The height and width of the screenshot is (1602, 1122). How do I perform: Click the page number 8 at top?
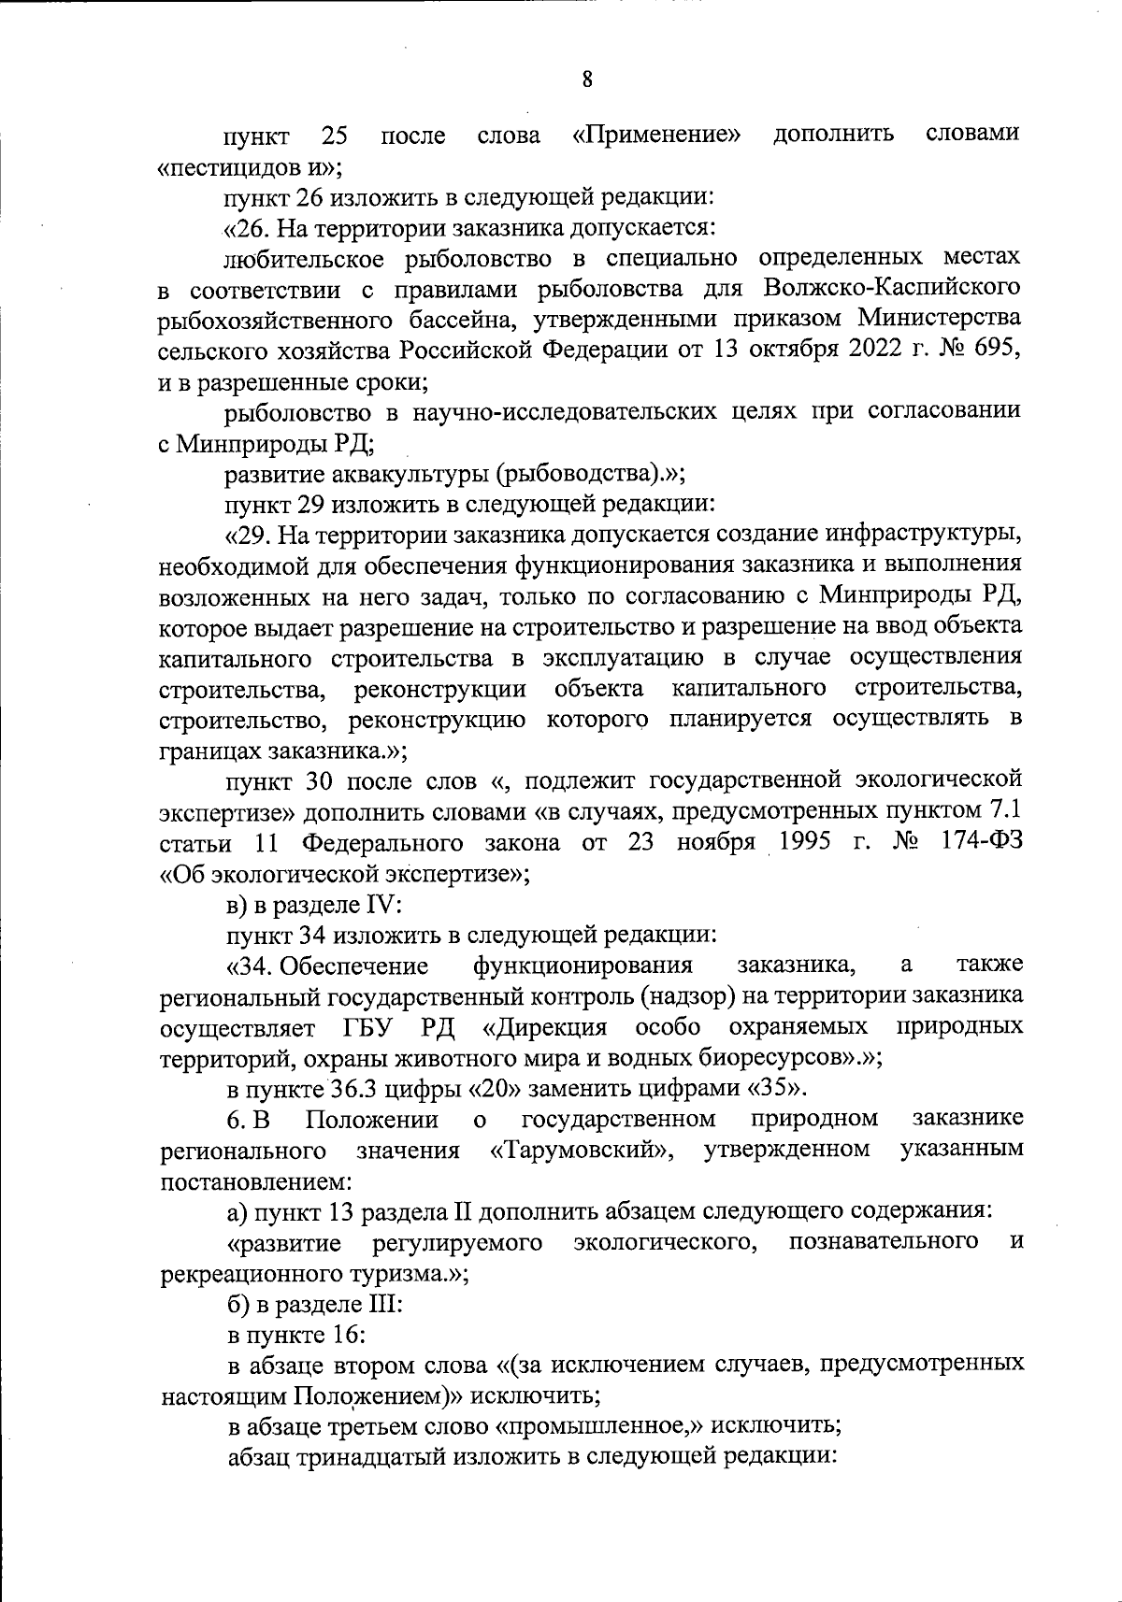tap(586, 79)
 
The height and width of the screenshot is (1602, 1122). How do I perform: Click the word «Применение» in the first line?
tap(656, 136)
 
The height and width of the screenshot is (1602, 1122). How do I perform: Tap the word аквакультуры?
tap(405, 473)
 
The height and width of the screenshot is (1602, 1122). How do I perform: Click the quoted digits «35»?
tap(775, 1089)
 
